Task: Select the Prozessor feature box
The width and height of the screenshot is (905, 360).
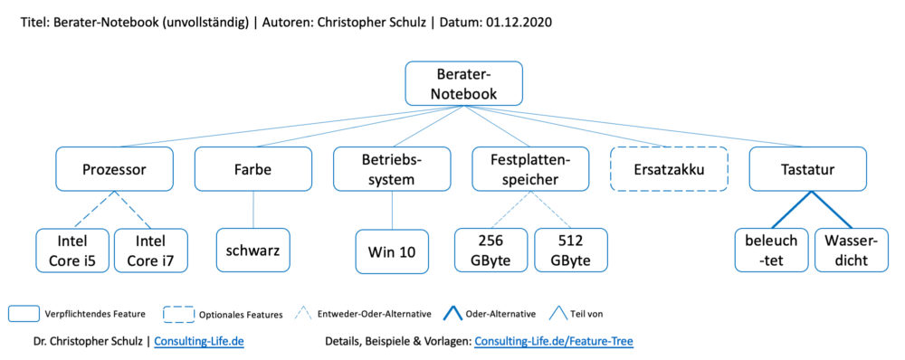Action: point(114,169)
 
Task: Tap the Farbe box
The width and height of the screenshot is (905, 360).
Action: point(252,169)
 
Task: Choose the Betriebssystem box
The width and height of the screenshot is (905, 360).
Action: point(392,169)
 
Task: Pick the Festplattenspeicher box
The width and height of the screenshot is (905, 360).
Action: point(530,169)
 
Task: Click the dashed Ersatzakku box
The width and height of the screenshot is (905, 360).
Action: point(670,169)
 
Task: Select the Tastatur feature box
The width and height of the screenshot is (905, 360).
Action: point(809,169)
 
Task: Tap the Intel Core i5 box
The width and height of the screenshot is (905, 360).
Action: point(73,251)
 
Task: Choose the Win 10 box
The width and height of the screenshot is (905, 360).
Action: point(392,251)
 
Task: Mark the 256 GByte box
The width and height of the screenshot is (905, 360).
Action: point(491,251)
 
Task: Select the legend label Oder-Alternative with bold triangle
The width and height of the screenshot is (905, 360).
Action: point(500,314)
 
